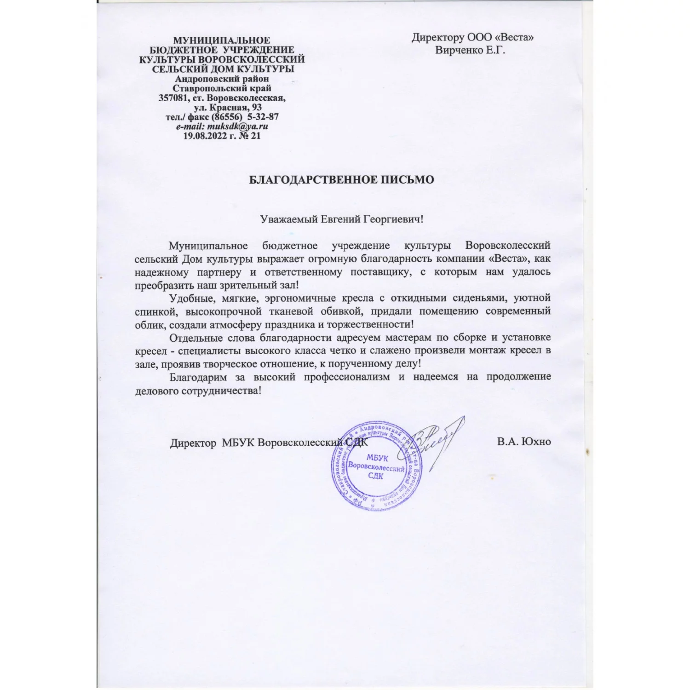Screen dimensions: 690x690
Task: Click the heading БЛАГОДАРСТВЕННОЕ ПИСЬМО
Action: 341,180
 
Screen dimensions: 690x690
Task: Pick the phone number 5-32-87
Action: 263,117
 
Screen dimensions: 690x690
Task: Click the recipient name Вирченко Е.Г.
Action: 470,50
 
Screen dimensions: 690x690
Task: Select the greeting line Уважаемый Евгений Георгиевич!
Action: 341,219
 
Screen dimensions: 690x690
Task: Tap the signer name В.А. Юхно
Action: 523,442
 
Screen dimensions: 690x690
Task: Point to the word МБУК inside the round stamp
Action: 377,458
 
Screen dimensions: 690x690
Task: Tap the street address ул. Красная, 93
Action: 228,107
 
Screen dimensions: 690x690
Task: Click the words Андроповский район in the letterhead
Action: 222,79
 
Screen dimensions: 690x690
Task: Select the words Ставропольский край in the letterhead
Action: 222,88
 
